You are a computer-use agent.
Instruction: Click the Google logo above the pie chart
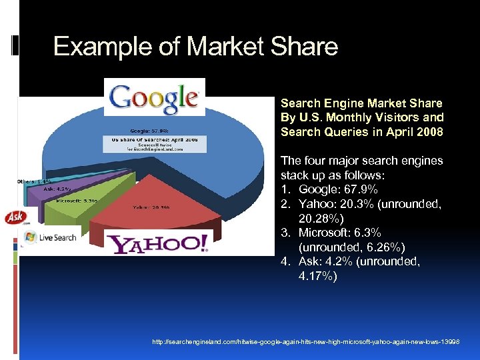tap(154, 97)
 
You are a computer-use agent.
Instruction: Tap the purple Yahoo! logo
tap(159, 243)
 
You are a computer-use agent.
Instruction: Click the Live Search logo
tap(50, 237)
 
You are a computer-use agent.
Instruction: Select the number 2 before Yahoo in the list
tap(284, 204)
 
